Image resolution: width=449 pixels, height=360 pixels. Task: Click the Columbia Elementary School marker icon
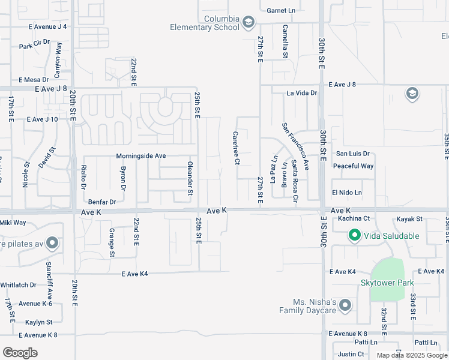pos(248,23)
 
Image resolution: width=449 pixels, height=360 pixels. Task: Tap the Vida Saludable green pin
pos(355,236)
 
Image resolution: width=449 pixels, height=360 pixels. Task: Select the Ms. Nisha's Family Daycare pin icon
pos(345,306)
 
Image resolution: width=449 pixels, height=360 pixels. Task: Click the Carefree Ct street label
pos(237,148)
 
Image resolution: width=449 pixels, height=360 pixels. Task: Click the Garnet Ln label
pos(282,10)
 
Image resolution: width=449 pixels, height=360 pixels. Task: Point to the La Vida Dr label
pos(301,93)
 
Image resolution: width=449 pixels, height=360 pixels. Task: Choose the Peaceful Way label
pos(354,166)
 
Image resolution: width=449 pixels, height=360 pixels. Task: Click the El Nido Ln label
pos(347,193)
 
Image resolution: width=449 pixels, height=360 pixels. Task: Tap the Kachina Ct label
pos(354,218)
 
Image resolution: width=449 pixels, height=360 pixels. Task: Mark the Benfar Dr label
pos(101,202)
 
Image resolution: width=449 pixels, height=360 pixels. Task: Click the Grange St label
pos(112,242)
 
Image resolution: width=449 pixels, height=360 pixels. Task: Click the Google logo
pos(20,353)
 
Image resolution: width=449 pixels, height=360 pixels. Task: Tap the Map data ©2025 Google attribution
pos(411,355)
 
